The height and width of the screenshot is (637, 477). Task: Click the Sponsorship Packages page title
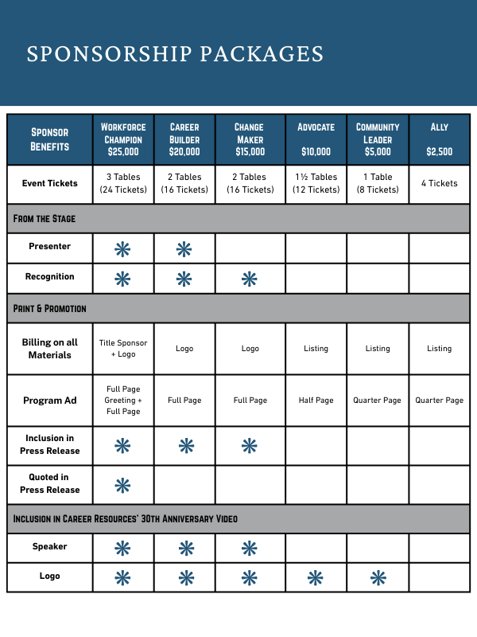click(x=175, y=53)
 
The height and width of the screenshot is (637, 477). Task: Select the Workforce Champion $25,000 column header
click(x=123, y=139)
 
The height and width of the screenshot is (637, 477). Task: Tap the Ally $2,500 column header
click(x=439, y=139)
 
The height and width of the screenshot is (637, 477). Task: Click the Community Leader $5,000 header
click(x=378, y=139)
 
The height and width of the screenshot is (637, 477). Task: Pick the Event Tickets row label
click(x=50, y=183)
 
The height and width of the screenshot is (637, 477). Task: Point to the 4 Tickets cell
click(x=439, y=183)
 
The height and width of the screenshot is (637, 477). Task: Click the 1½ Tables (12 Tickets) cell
click(x=316, y=183)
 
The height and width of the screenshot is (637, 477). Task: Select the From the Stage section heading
click(x=45, y=217)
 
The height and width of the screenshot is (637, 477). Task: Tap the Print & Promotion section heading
click(x=50, y=307)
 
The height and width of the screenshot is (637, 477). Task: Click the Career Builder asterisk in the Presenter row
click(x=184, y=249)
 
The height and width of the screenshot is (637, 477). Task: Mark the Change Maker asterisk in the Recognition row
click(x=250, y=279)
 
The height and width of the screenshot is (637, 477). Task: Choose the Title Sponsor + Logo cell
click(x=123, y=348)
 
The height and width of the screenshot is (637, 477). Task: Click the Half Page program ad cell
click(x=316, y=400)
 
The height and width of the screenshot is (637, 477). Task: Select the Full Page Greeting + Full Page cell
click(x=123, y=400)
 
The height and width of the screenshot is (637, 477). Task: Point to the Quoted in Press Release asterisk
click(x=123, y=485)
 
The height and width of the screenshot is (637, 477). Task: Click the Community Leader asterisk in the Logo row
click(x=378, y=578)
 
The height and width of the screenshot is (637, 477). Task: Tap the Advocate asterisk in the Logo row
click(x=316, y=578)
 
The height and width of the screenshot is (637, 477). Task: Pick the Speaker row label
click(x=50, y=547)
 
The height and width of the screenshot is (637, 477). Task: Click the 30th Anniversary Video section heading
click(x=125, y=518)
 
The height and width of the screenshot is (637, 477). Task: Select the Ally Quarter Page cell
click(x=439, y=400)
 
